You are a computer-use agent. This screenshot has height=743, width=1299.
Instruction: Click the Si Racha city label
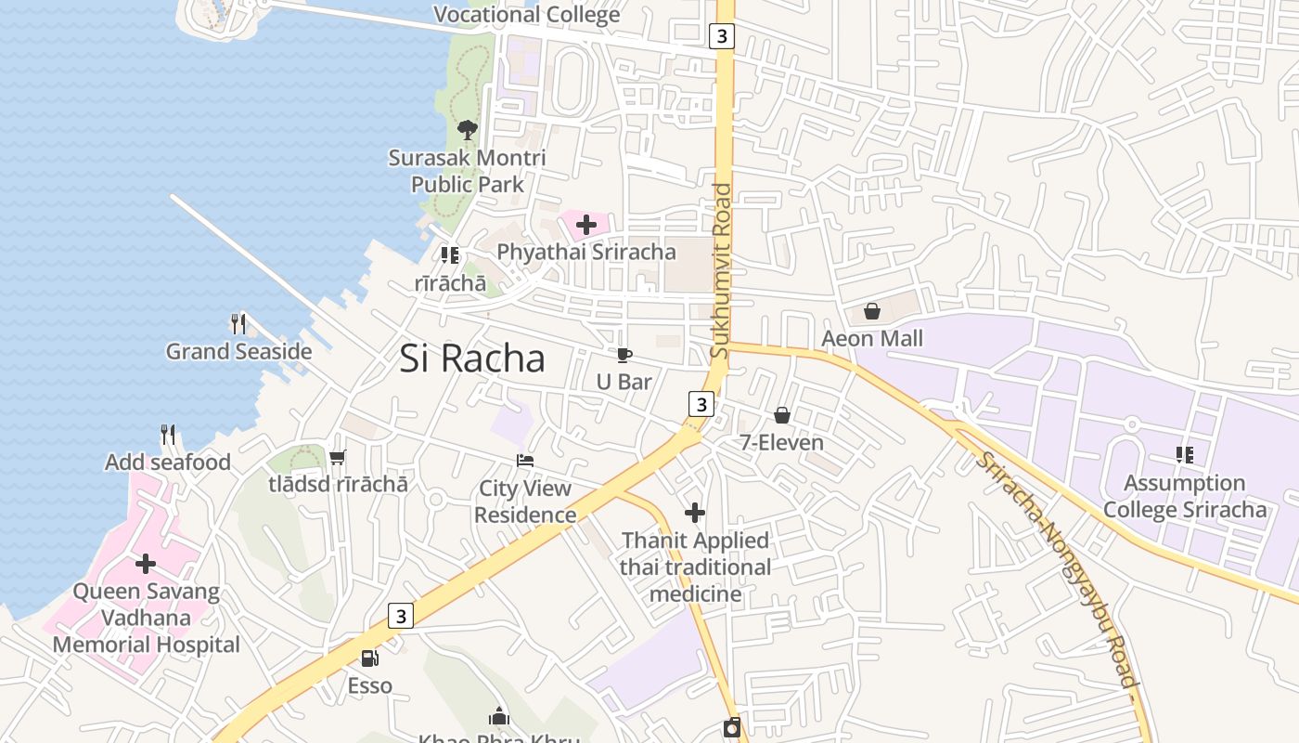coord(472,358)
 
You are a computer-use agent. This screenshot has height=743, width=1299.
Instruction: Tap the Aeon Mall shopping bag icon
coord(872,311)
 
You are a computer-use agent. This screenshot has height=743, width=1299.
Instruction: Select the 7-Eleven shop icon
coord(782,415)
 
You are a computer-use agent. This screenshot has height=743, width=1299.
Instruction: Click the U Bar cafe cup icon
coord(624,355)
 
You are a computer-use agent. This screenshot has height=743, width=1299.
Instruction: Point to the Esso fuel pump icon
coord(369,658)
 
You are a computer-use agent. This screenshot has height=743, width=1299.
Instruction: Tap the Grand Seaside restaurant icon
coord(238,323)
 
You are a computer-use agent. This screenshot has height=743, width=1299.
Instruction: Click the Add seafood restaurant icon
coord(168,434)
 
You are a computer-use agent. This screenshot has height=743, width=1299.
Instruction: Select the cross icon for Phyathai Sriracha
coord(586,224)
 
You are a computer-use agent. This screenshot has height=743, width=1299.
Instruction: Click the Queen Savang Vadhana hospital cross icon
coord(146,564)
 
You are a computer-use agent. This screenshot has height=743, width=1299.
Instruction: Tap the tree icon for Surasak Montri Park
coord(468,130)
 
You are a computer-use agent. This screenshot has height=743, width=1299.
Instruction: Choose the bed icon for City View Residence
coord(525,461)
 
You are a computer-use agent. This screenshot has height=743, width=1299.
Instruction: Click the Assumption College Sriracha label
coord(1185,496)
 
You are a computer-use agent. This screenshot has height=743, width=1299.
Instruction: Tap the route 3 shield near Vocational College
coord(722,36)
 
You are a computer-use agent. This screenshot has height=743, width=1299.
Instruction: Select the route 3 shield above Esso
coord(400,615)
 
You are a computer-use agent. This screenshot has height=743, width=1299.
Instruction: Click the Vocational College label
coord(527,14)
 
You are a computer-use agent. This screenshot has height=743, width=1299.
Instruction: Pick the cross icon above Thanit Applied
coord(695,513)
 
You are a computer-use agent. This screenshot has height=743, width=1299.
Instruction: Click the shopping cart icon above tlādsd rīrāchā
coord(338,457)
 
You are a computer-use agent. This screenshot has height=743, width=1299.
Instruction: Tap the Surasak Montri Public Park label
coord(468,171)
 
